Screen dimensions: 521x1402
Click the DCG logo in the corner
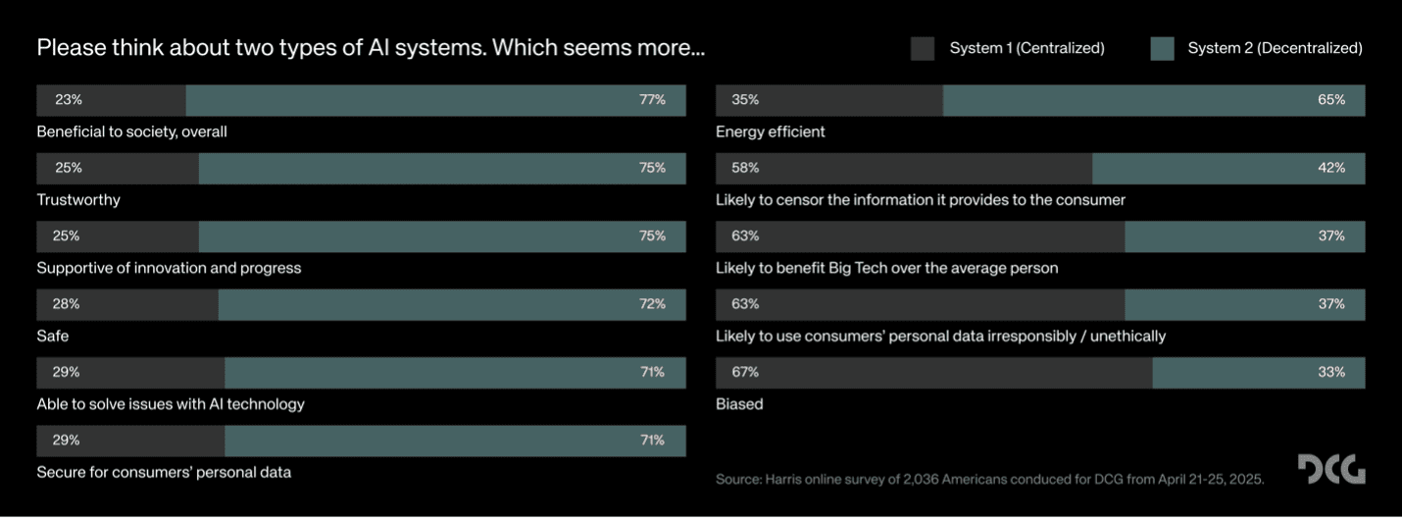[1330, 469]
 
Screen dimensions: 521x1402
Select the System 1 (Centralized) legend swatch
[922, 48]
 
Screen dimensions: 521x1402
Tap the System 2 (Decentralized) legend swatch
[1162, 48]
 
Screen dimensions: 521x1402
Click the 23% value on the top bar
[69, 100]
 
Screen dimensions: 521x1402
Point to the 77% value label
[652, 100]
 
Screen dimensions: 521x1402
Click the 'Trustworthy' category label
[78, 200]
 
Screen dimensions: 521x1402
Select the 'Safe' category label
[53, 337]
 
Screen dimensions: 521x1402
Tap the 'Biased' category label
[739, 404]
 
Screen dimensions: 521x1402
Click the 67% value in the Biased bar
[745, 373]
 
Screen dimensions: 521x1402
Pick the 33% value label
[1331, 373]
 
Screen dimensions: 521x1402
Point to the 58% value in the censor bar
[745, 168]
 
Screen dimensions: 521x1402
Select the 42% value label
[1331, 168]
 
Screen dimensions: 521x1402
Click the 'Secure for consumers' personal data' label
[164, 472]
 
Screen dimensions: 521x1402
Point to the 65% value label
[1331, 100]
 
